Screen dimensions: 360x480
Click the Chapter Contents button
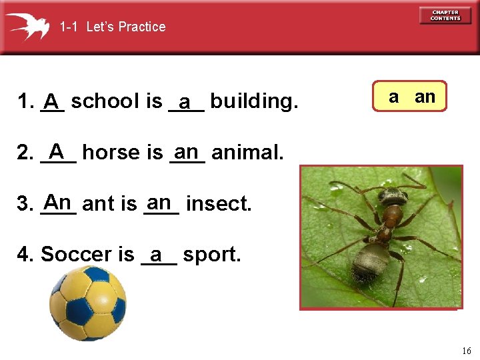[x=445, y=15]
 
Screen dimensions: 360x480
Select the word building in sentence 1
[x=254, y=102]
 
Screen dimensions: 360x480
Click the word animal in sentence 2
[x=247, y=153]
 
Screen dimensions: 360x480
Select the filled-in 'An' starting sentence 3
[x=58, y=201]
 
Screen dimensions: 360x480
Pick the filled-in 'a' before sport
[x=157, y=254]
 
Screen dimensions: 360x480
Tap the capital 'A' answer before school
[x=51, y=101]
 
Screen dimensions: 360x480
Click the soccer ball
[x=88, y=304]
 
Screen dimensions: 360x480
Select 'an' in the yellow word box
[x=425, y=97]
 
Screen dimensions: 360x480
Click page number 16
[x=465, y=351]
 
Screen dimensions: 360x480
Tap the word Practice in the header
[x=144, y=27]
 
